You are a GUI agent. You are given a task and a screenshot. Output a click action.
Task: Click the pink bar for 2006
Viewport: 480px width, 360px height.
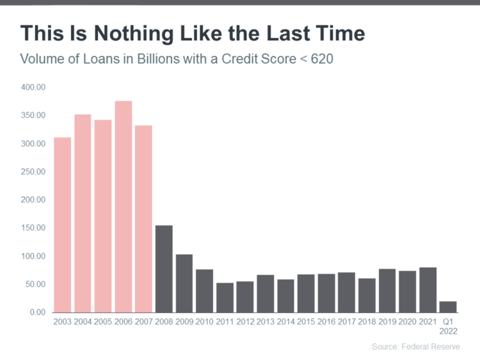tap(123, 207)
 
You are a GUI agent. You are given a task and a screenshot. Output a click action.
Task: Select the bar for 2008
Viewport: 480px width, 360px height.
tap(164, 269)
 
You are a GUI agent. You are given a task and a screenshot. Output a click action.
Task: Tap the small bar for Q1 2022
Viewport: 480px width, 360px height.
tap(448, 307)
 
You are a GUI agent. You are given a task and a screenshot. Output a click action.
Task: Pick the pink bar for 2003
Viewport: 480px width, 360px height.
tap(62, 225)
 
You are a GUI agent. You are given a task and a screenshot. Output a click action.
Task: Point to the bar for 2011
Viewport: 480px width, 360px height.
tap(225, 298)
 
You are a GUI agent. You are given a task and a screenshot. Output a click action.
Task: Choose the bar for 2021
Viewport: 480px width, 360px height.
tap(427, 290)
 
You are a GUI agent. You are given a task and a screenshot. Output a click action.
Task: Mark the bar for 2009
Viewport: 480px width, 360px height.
tap(184, 284)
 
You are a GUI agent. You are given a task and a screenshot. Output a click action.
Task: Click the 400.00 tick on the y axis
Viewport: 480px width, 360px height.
tap(33, 87)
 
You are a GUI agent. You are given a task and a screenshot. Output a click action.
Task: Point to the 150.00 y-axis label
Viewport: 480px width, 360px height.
tap(33, 228)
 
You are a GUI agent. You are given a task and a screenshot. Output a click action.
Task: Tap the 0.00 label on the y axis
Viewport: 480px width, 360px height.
tap(37, 312)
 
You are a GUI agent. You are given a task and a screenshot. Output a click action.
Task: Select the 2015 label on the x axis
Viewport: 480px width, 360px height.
tap(306, 322)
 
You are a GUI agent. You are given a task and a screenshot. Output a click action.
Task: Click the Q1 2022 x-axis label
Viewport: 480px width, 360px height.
tap(448, 326)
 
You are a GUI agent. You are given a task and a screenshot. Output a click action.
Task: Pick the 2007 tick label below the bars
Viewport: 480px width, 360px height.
tap(143, 322)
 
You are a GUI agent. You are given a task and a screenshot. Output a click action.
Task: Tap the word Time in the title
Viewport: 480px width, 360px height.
tap(340, 33)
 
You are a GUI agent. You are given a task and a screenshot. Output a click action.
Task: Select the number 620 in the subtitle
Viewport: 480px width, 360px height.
tap(322, 59)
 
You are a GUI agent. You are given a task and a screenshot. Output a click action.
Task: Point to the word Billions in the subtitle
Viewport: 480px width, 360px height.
tap(158, 59)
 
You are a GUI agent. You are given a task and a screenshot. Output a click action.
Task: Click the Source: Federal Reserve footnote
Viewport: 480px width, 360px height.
tap(416, 346)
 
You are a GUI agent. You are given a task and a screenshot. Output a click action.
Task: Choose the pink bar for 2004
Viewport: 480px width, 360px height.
tap(82, 213)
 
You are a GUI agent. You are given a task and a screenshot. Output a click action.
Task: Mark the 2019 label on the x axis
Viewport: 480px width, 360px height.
tap(387, 322)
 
